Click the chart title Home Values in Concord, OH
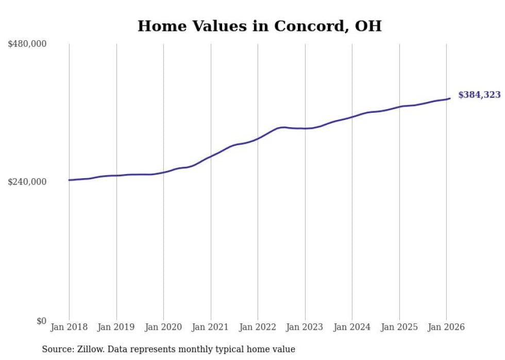259,26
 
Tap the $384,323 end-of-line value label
479,95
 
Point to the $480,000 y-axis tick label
27,44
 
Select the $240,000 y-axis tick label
27,182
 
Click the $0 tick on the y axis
41,321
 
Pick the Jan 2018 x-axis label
69,327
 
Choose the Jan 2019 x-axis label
116,327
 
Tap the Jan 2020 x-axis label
163,327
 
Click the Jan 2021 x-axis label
211,327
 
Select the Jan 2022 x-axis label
258,327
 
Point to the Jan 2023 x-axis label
305,327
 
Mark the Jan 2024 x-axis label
352,327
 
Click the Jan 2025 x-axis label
399,327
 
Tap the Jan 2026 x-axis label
446,327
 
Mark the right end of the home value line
450,98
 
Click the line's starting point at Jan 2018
69,180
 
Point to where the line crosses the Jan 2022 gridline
258,139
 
